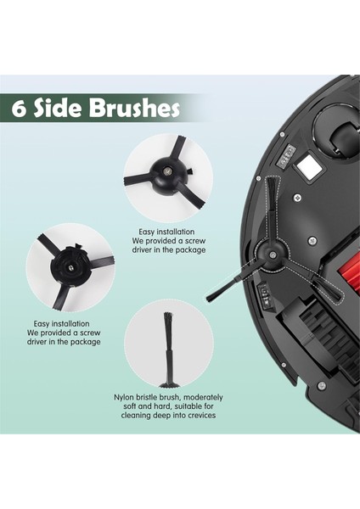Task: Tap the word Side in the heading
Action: tap(65, 109)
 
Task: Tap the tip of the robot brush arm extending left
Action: tap(211, 298)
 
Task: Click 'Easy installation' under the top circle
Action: tap(166, 231)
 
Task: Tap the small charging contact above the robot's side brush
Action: tap(288, 154)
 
